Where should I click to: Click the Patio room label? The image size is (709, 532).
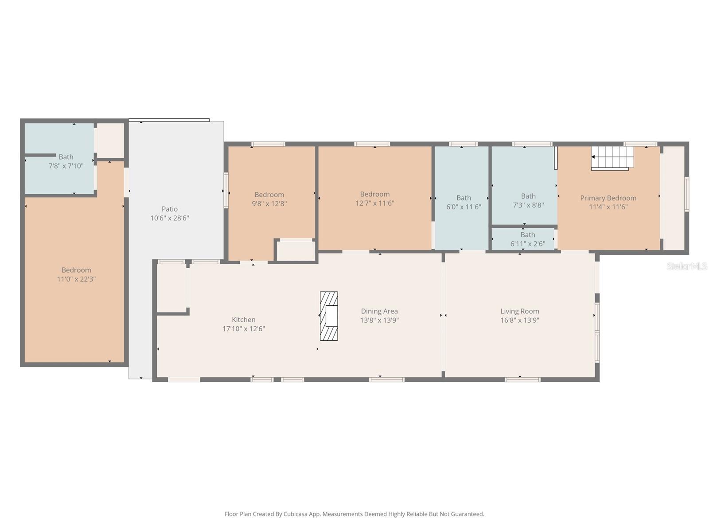point(170,209)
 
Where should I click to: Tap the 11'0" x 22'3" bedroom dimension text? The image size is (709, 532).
point(76,279)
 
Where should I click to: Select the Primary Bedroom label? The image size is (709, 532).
point(608,198)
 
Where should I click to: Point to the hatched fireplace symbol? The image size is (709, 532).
point(329,316)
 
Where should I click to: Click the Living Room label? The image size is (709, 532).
point(520,311)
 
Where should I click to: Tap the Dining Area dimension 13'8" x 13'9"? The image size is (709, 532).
point(379,320)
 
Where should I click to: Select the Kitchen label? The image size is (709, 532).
point(244,320)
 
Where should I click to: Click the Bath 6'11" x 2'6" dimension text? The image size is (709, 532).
point(527,244)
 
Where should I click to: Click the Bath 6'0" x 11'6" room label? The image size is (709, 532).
point(464,198)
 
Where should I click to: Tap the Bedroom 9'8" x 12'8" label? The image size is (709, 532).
point(269,195)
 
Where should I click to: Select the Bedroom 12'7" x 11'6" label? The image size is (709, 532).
point(375,194)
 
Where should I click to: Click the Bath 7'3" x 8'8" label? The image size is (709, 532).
point(528,196)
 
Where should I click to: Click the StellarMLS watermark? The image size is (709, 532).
point(686,266)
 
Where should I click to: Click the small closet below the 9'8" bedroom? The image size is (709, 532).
point(296,251)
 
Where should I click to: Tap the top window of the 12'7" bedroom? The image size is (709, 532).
point(372,144)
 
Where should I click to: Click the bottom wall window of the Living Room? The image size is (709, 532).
point(522,379)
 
